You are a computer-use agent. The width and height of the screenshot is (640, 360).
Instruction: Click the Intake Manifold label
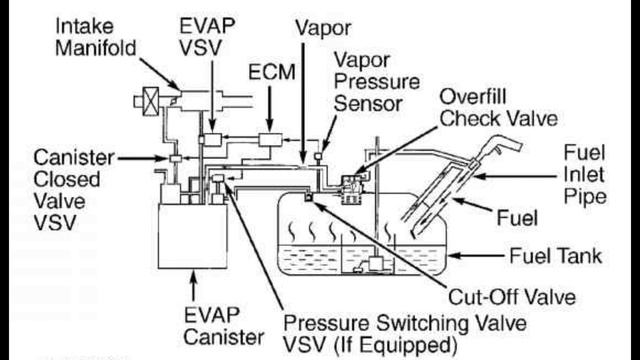[x=96, y=37]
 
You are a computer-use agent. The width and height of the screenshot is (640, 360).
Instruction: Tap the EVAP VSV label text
[x=207, y=37]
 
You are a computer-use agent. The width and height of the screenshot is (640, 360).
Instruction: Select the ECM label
[x=271, y=72]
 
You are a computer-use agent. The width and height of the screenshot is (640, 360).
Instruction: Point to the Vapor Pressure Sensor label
[x=376, y=82]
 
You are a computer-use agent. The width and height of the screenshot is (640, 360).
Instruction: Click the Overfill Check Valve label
[x=498, y=108]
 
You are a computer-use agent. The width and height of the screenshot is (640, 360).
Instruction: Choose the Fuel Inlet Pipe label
[x=584, y=175]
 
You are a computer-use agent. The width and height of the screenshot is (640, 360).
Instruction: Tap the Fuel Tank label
[x=556, y=256]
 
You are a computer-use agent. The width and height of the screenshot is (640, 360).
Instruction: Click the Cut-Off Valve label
[x=512, y=297]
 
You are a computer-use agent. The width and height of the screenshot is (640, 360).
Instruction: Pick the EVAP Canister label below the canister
[x=224, y=326]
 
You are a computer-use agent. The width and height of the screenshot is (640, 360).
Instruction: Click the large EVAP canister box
[x=193, y=236]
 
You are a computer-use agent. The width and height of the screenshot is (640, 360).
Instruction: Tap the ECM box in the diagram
[x=270, y=140]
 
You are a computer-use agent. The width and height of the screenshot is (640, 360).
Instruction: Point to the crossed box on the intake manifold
[x=151, y=101]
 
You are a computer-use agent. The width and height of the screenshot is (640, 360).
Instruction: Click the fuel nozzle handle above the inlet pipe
[x=501, y=148]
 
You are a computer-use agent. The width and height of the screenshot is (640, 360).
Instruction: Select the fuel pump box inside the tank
[x=377, y=263]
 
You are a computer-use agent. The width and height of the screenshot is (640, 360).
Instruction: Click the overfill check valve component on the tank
[x=351, y=189]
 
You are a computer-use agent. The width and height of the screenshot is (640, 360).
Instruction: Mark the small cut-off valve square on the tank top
[x=309, y=198]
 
